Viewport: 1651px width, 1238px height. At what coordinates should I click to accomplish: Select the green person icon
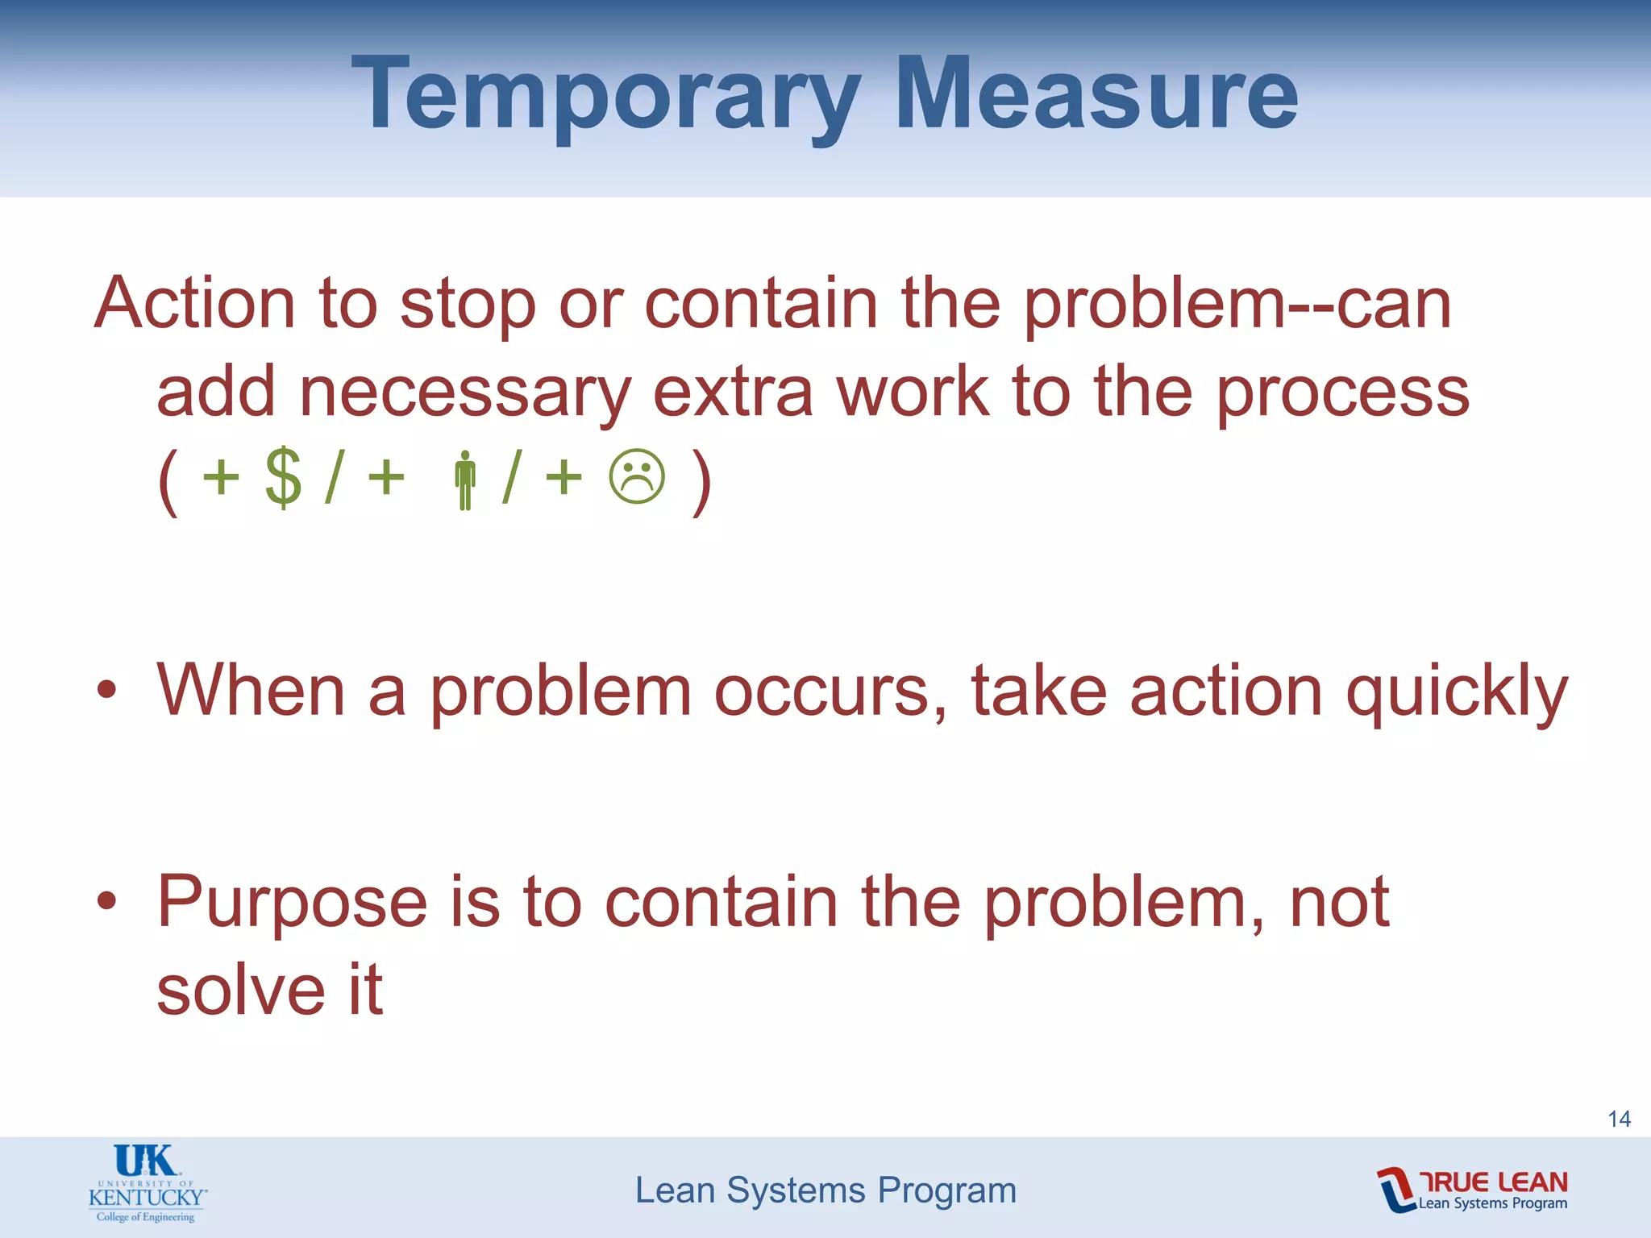pyautogui.click(x=464, y=480)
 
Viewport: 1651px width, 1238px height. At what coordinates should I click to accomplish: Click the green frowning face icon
pyautogui.click(x=637, y=477)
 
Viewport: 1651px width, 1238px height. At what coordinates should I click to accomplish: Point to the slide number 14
pyautogui.click(x=1619, y=1119)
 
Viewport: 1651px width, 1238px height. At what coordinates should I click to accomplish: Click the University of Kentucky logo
pyautogui.click(x=147, y=1183)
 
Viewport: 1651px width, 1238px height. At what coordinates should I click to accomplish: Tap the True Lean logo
pyautogui.click(x=1472, y=1190)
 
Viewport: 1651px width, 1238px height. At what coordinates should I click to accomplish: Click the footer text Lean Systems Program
pyautogui.click(x=825, y=1190)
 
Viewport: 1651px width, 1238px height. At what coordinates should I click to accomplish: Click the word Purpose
pyautogui.click(x=292, y=902)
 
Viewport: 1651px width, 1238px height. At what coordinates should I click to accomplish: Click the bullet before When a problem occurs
pyautogui.click(x=107, y=691)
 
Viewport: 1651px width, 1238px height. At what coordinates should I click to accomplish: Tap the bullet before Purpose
pyautogui.click(x=107, y=900)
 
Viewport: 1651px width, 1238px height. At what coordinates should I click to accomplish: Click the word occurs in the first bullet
pyautogui.click(x=830, y=692)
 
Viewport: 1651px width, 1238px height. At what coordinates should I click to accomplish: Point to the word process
pyautogui.click(x=1342, y=393)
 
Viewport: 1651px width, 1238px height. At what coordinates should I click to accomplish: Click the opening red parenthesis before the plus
pyautogui.click(x=168, y=481)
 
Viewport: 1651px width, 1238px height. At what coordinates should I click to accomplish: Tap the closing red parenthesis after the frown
pyautogui.click(x=701, y=481)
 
